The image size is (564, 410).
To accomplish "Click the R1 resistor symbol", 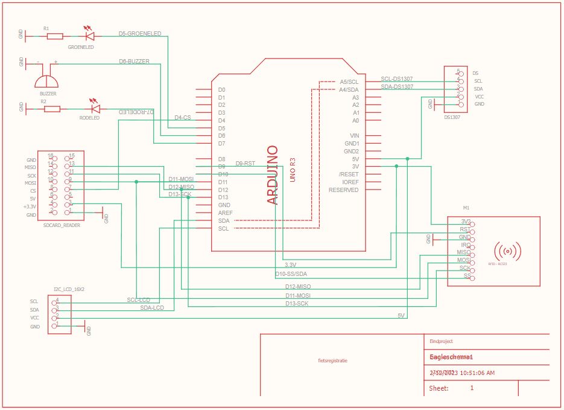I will (54, 36).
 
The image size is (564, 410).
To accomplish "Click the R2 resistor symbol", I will (52, 109).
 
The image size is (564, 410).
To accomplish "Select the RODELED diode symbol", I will (94, 109).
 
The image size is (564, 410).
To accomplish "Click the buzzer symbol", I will (47, 80).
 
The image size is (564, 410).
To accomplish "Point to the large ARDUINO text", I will (273, 175).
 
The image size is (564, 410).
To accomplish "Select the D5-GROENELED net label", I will (140, 34).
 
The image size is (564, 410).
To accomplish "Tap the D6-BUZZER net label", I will (134, 62).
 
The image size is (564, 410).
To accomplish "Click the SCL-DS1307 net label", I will (397, 79).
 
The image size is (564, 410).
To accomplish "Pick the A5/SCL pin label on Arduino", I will (349, 82).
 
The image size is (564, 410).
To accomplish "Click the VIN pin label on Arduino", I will (355, 136).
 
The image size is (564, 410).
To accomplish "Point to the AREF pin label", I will (225, 213).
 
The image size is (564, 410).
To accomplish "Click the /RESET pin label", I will (349, 175).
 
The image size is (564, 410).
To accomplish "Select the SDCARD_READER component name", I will (62, 225).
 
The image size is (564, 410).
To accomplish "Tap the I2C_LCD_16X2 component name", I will (69, 289).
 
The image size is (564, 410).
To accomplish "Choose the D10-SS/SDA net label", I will (291, 274).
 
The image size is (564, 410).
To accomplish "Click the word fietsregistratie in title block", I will (332, 360).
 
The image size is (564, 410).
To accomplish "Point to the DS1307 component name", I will (452, 118).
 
